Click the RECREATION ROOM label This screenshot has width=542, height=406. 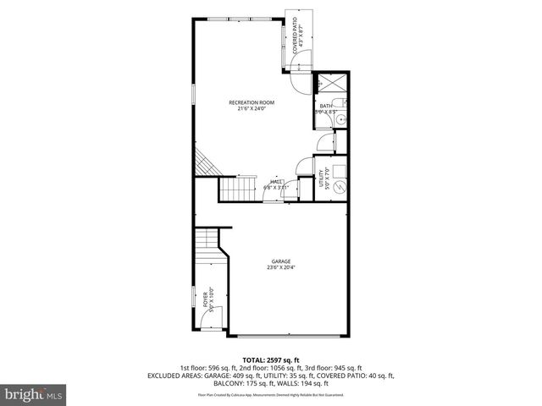[x=252, y=102]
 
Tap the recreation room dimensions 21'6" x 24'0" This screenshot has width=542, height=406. [x=252, y=108]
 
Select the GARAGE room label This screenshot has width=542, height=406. [x=281, y=261]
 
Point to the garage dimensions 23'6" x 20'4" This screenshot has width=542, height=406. [x=281, y=267]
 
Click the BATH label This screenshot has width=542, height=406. [x=325, y=106]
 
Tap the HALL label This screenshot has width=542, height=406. [x=276, y=181]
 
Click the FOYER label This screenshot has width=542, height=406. [x=205, y=298]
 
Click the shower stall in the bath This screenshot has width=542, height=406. [x=327, y=83]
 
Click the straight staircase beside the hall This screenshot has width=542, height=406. [x=237, y=189]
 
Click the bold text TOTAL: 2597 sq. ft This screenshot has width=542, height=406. [x=271, y=360]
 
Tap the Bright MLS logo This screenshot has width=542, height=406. [x=33, y=393]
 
